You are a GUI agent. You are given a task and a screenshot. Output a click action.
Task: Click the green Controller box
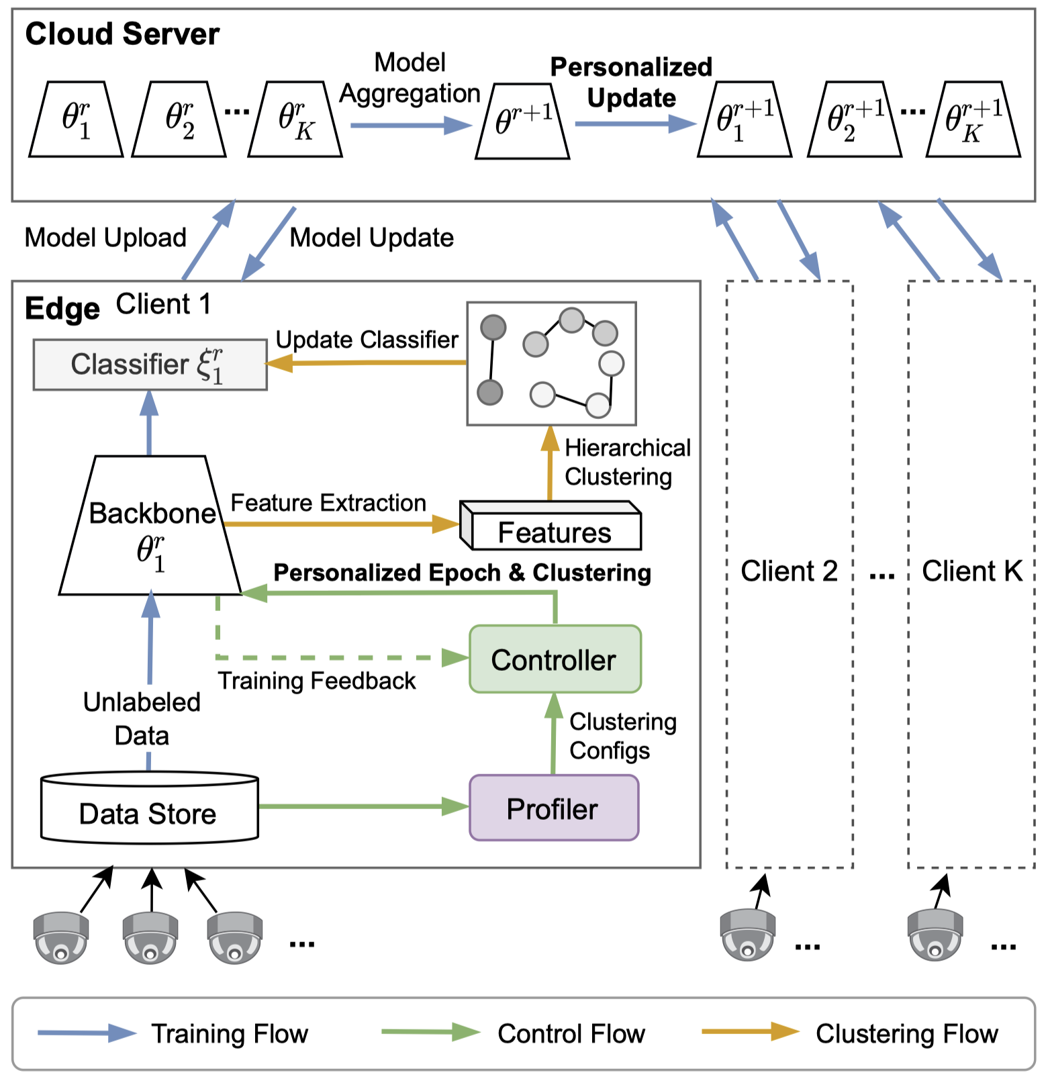point(555,659)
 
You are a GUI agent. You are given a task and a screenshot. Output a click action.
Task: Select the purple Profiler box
point(553,808)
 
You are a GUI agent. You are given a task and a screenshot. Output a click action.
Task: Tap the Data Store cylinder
point(149,808)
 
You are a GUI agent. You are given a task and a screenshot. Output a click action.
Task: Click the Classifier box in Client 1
point(150,365)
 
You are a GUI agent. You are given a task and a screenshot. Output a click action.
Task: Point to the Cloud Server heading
point(122,34)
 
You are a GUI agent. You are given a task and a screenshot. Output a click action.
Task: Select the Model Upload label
point(105,238)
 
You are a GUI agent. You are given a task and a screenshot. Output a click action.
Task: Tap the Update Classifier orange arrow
point(366,363)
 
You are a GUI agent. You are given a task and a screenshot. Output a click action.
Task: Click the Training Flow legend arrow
point(87,1033)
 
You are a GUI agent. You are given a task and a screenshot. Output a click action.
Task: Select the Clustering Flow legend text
point(906,1034)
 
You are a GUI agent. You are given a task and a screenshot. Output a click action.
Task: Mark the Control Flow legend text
point(571,1034)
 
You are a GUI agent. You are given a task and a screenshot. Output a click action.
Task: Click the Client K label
point(971,571)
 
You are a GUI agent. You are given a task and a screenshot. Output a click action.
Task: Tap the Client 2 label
point(789,571)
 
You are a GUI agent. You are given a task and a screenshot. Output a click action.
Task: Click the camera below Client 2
point(747,935)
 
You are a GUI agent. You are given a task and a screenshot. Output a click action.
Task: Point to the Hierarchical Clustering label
point(627,462)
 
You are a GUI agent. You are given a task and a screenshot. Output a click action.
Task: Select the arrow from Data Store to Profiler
point(363,806)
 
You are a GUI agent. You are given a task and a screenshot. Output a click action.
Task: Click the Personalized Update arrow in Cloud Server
point(634,124)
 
